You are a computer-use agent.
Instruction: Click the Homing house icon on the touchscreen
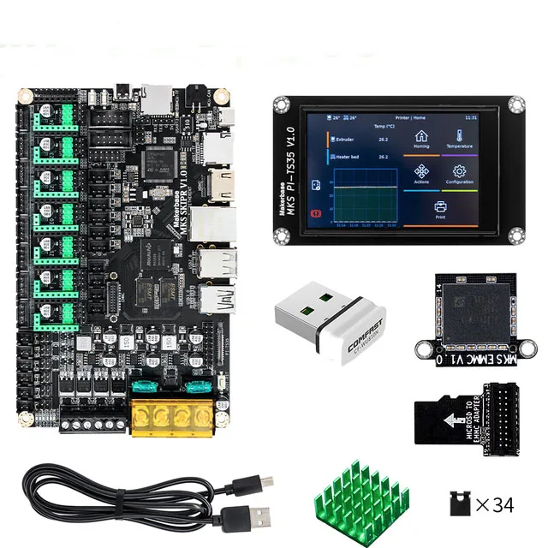(x=421, y=137)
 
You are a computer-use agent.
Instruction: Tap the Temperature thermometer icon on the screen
(x=459, y=137)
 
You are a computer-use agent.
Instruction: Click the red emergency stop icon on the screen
(x=318, y=211)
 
